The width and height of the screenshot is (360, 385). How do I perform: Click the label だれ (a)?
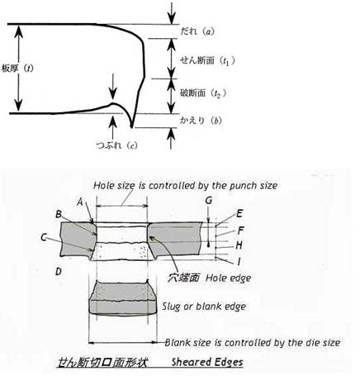[x=197, y=31]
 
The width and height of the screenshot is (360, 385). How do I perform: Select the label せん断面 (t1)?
[x=208, y=60]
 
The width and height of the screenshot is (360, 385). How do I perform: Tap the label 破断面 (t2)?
[x=203, y=93]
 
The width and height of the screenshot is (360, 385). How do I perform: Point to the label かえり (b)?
[x=201, y=121]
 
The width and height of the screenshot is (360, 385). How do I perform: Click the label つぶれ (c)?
[x=116, y=145]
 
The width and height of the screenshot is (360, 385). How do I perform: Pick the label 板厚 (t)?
[x=17, y=68]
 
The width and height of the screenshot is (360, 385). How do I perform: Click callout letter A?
[x=80, y=202]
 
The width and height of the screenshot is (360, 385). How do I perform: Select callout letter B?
[x=59, y=214]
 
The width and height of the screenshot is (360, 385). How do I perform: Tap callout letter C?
[x=44, y=237]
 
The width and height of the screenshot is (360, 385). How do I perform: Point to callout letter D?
[x=59, y=272]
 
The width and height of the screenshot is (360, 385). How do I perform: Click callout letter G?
[x=209, y=200]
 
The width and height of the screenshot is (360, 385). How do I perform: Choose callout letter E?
[x=239, y=213]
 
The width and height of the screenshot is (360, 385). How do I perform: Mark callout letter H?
[x=239, y=245]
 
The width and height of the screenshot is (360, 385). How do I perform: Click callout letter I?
[x=239, y=261]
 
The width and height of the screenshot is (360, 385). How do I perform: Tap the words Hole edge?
[x=229, y=278]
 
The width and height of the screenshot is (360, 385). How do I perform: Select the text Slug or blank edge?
[x=204, y=307]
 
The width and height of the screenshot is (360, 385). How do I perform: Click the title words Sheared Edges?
[x=207, y=362]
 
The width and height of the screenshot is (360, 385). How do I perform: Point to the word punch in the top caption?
[x=244, y=186]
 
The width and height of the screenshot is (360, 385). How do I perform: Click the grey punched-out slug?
[x=123, y=297]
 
